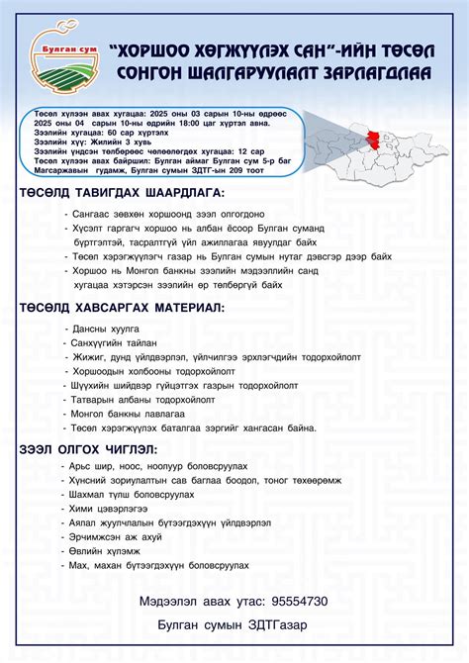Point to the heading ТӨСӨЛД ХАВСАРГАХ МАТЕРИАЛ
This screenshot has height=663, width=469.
coord(122,308)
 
